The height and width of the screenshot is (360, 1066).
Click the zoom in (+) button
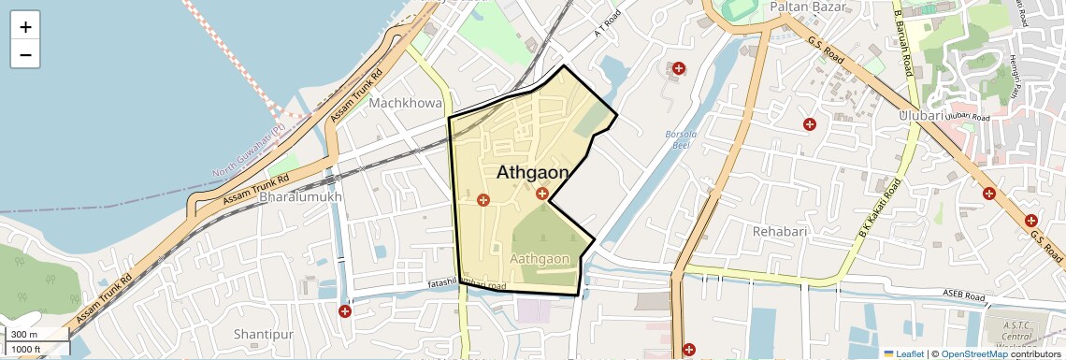point(25,27)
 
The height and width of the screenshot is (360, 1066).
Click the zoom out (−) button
point(25,54)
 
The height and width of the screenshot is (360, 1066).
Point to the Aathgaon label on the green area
point(540,258)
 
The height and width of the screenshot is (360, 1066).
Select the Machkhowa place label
point(405,102)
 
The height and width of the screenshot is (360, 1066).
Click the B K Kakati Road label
point(880,206)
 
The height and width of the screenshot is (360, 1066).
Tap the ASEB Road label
point(966,296)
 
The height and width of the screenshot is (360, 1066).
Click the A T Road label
point(608,24)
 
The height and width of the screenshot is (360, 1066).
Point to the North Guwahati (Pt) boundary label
point(248,151)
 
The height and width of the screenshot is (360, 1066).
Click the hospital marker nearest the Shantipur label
point(346,310)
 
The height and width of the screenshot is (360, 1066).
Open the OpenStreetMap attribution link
point(973,353)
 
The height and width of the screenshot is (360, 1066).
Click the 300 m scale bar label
point(25,335)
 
